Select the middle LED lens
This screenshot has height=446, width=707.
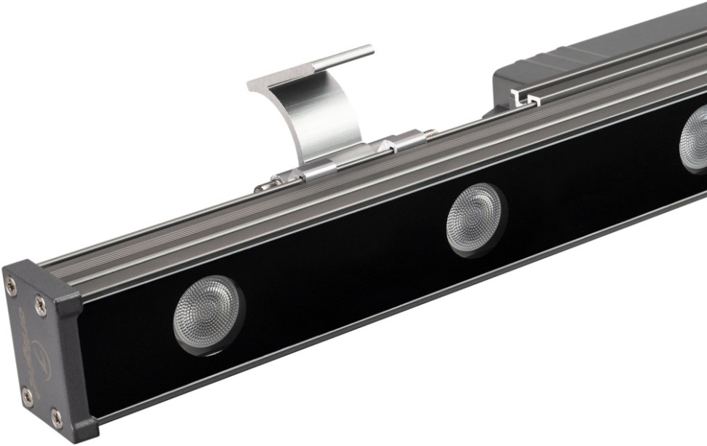click(x=476, y=219)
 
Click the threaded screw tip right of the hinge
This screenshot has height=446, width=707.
click(x=430, y=133)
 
